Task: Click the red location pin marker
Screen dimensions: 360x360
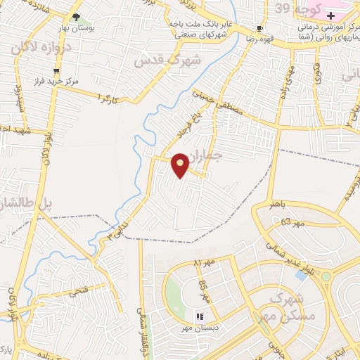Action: click(x=181, y=165)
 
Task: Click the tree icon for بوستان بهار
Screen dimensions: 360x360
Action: click(x=76, y=18)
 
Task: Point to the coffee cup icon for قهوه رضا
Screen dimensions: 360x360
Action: click(x=259, y=29)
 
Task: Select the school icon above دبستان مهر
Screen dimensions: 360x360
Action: click(x=199, y=317)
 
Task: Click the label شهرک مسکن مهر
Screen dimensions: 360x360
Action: click(x=285, y=309)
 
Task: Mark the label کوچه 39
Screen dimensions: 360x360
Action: click(x=292, y=8)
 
